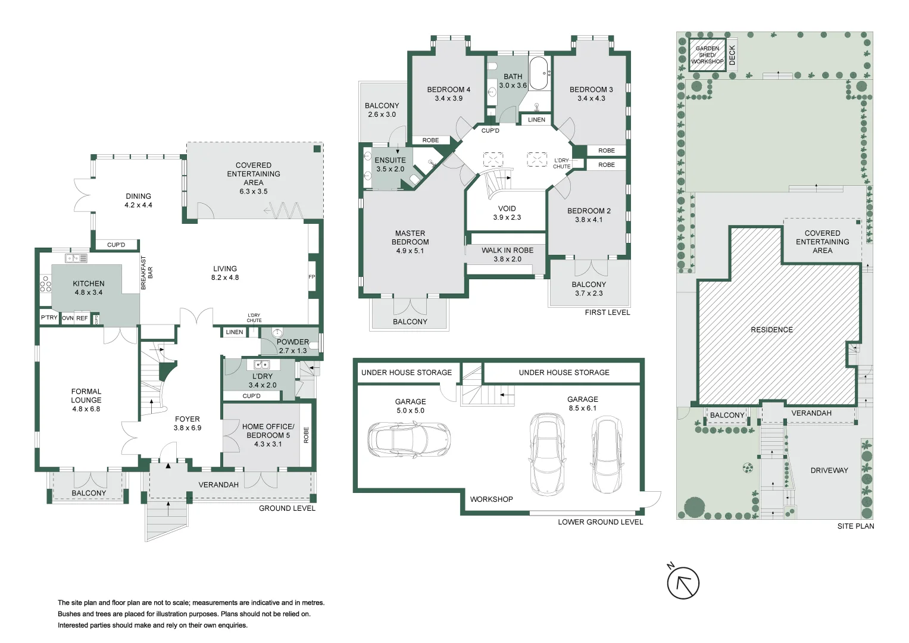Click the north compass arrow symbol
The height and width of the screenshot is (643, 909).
[683, 583]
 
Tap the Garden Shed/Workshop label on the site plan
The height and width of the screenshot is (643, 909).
[707, 55]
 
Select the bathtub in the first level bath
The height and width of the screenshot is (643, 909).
[539, 73]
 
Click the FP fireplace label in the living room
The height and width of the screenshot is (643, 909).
[312, 277]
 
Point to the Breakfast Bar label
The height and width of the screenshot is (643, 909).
[146, 273]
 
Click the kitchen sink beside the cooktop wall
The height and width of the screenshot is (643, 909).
[76, 258]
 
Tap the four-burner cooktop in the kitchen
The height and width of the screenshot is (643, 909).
[45, 284]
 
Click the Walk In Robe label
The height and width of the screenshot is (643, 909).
[507, 251]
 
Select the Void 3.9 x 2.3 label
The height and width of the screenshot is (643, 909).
[507, 213]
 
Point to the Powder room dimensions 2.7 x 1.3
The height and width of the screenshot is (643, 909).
[293, 351]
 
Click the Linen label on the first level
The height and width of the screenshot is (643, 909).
[536, 120]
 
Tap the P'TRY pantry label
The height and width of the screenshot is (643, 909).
[49, 317]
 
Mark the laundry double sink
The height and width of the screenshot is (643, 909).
[262, 364]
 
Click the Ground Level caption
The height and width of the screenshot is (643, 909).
[287, 508]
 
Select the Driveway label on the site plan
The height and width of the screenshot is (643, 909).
[829, 470]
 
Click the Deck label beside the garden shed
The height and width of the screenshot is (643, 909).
[732, 55]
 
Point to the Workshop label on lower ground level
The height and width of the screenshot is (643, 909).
[492, 500]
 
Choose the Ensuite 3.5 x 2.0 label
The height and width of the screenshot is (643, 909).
[390, 164]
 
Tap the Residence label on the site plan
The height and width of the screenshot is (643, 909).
[771, 330]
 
